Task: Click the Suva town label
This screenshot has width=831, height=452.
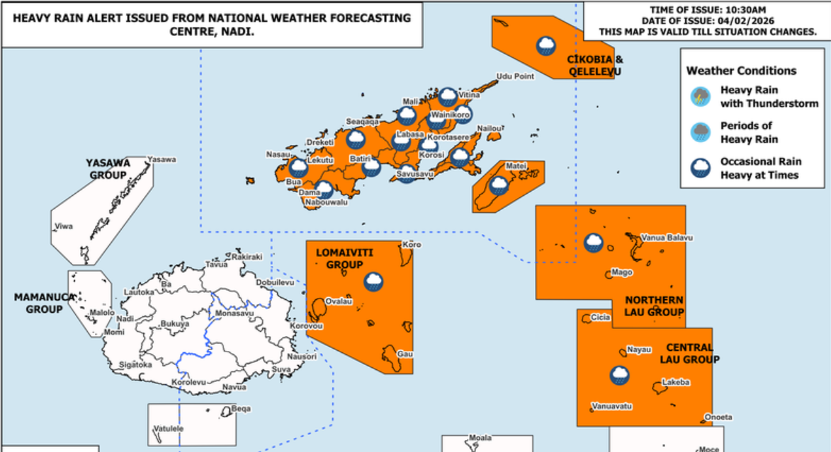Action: [281, 369]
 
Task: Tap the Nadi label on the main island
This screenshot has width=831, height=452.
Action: [125, 319]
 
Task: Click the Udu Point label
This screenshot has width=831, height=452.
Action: [514, 76]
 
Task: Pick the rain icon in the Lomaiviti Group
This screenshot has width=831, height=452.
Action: [373, 282]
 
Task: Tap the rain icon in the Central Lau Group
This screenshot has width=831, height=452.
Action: [620, 375]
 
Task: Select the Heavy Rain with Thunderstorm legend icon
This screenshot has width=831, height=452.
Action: [701, 97]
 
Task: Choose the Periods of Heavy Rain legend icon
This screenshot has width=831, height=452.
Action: [701, 132]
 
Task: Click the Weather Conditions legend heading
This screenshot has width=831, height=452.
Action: [741, 71]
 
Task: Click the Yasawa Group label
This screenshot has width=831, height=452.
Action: [108, 168]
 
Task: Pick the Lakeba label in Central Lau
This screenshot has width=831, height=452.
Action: [674, 382]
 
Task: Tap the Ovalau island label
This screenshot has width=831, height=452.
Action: [334, 301]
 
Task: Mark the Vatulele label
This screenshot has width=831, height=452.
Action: [169, 429]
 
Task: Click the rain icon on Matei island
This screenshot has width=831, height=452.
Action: [499, 186]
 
